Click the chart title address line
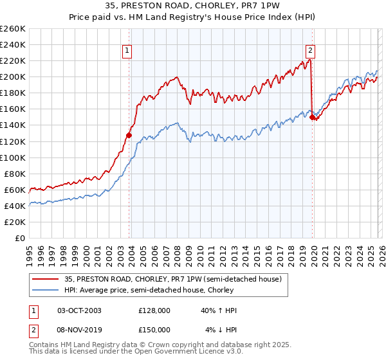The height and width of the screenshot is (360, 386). [x=192, y=6]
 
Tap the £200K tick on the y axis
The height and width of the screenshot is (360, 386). [x=13, y=76]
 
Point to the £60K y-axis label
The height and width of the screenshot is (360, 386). [x=15, y=190]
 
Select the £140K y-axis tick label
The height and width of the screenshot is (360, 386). [x=13, y=125]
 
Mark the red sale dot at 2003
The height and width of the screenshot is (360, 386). [x=129, y=135]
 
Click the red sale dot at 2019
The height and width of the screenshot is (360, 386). [x=312, y=117]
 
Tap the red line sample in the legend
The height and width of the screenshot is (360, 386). [x=46, y=279]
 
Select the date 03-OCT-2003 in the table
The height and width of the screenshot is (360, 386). [x=79, y=310]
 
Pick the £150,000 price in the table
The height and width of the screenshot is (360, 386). [x=154, y=330]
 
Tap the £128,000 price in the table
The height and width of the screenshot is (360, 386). [x=154, y=310]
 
